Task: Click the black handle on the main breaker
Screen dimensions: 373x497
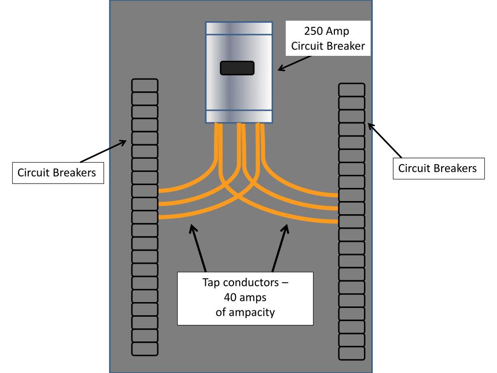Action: tap(237, 68)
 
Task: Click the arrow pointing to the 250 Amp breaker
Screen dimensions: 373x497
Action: tap(296, 63)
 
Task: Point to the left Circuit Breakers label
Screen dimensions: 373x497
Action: tap(57, 172)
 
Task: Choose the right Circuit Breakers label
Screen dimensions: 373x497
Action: tap(438, 168)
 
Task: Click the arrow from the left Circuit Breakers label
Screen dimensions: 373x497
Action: tap(102, 152)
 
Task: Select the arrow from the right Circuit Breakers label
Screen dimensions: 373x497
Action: tap(385, 140)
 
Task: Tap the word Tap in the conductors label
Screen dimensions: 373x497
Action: tap(212, 283)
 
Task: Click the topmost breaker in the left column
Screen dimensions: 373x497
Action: tap(145, 85)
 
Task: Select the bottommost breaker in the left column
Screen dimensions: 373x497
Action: tap(145, 349)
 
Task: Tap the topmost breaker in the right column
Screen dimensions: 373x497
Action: tap(351, 90)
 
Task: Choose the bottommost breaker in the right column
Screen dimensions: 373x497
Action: tap(351, 353)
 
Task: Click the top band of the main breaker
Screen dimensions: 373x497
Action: tap(238, 28)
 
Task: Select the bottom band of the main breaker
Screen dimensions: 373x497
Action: tap(238, 116)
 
